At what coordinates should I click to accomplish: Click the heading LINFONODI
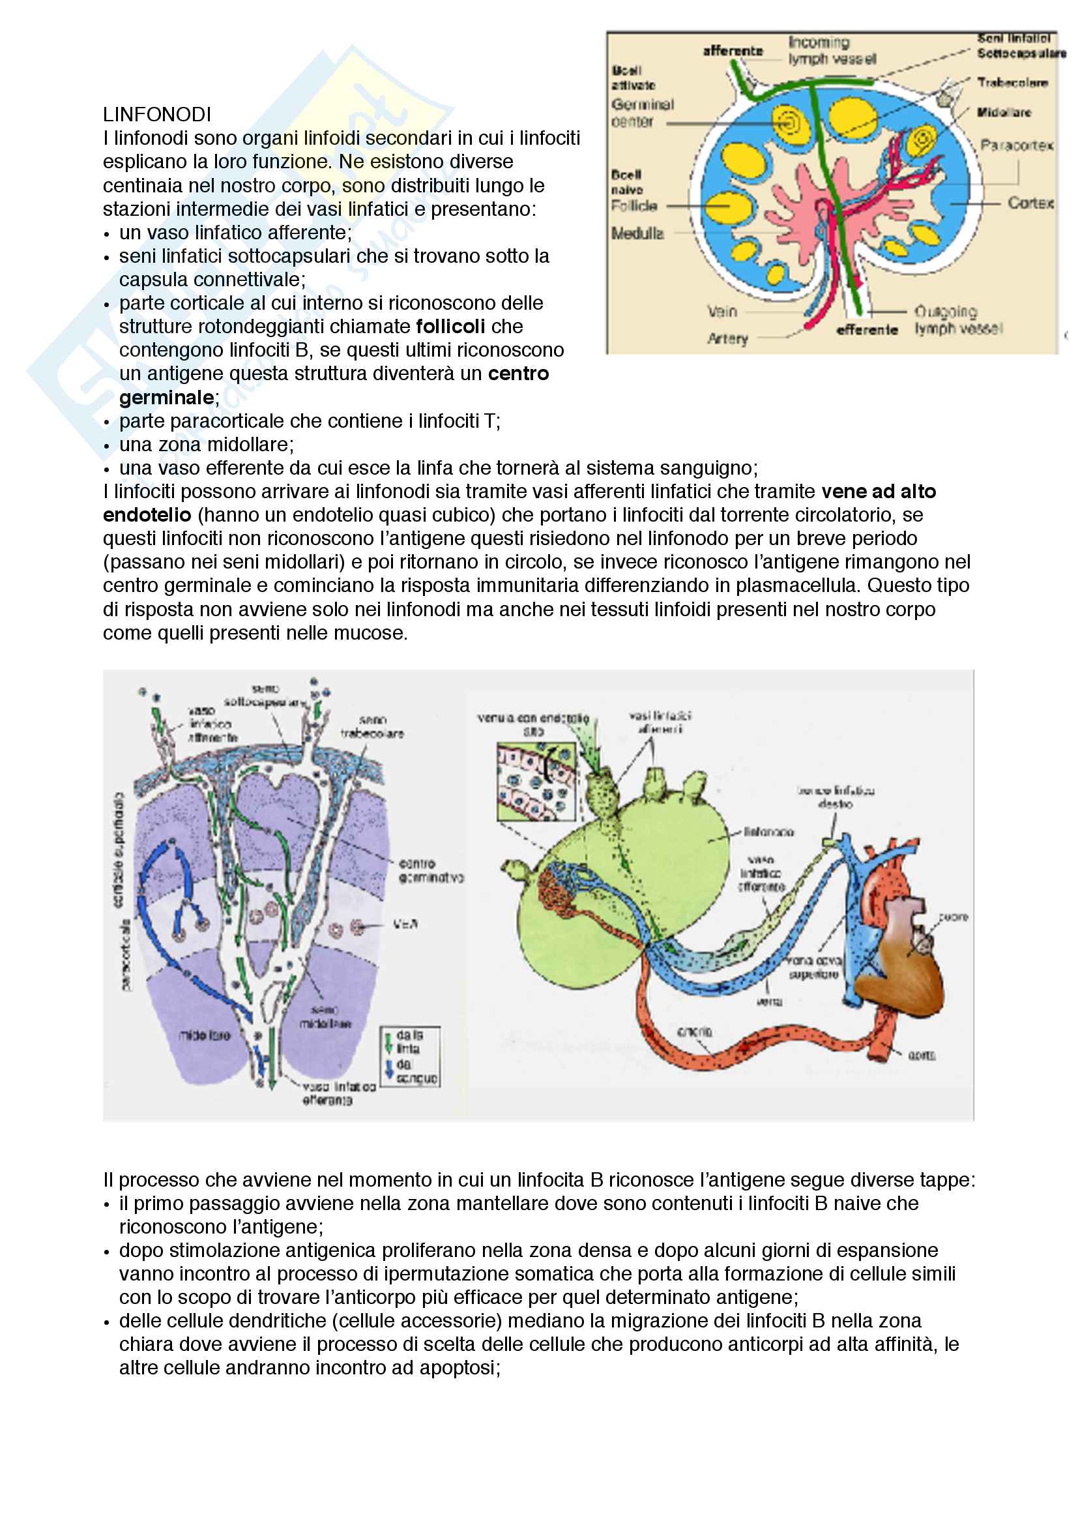(x=156, y=115)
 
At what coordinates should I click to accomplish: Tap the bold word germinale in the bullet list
(x=166, y=397)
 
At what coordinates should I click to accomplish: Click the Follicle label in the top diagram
(x=634, y=206)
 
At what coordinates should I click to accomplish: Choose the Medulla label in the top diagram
(x=637, y=233)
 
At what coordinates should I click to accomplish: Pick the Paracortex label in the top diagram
(x=1016, y=145)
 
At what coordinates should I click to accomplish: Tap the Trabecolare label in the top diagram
(x=1012, y=83)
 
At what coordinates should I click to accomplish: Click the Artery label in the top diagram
(x=727, y=339)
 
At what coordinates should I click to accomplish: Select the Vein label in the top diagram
(x=722, y=311)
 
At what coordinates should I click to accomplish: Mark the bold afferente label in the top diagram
(x=733, y=50)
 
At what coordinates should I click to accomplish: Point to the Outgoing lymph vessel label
(x=958, y=320)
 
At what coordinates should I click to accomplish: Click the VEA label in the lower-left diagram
(x=405, y=924)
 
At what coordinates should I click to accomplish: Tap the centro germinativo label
(x=431, y=871)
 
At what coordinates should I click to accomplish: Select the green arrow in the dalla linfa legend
(x=388, y=1043)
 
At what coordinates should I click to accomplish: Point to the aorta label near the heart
(x=922, y=1055)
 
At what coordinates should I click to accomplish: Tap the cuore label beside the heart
(x=954, y=917)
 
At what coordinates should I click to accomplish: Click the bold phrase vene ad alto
(x=878, y=492)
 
